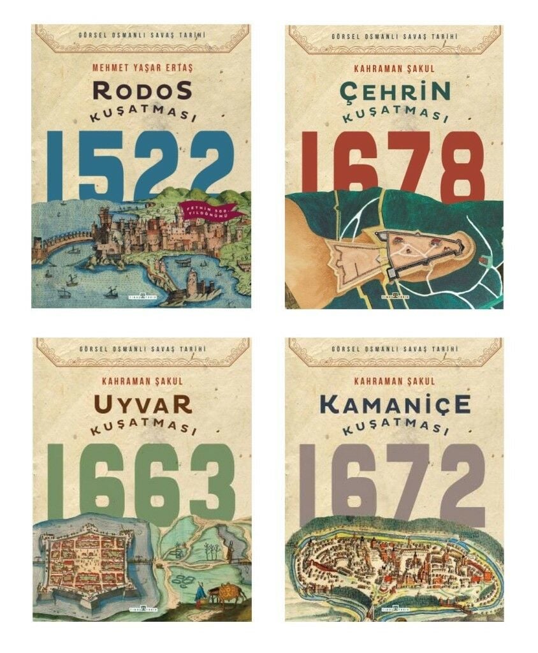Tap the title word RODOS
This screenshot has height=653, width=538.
coord(142,91)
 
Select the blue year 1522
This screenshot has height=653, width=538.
coord(142,165)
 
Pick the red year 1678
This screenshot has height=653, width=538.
coord(393,165)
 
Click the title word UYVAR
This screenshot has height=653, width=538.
coord(142,404)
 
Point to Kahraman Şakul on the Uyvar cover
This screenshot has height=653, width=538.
coord(142,381)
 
